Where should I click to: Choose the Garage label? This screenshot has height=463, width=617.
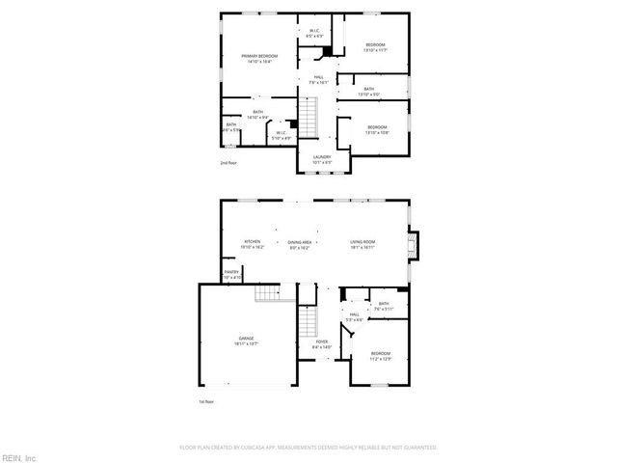coord(247,339)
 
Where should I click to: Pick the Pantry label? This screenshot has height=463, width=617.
coord(231,273)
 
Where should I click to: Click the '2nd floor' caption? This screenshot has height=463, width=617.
coord(229,163)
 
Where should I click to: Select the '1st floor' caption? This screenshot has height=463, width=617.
coord(204,401)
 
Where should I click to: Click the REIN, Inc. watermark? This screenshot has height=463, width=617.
coord(19,456)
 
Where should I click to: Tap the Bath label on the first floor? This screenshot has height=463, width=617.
coord(383,305)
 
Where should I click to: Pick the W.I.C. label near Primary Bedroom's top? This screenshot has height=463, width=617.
coord(314,31)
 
